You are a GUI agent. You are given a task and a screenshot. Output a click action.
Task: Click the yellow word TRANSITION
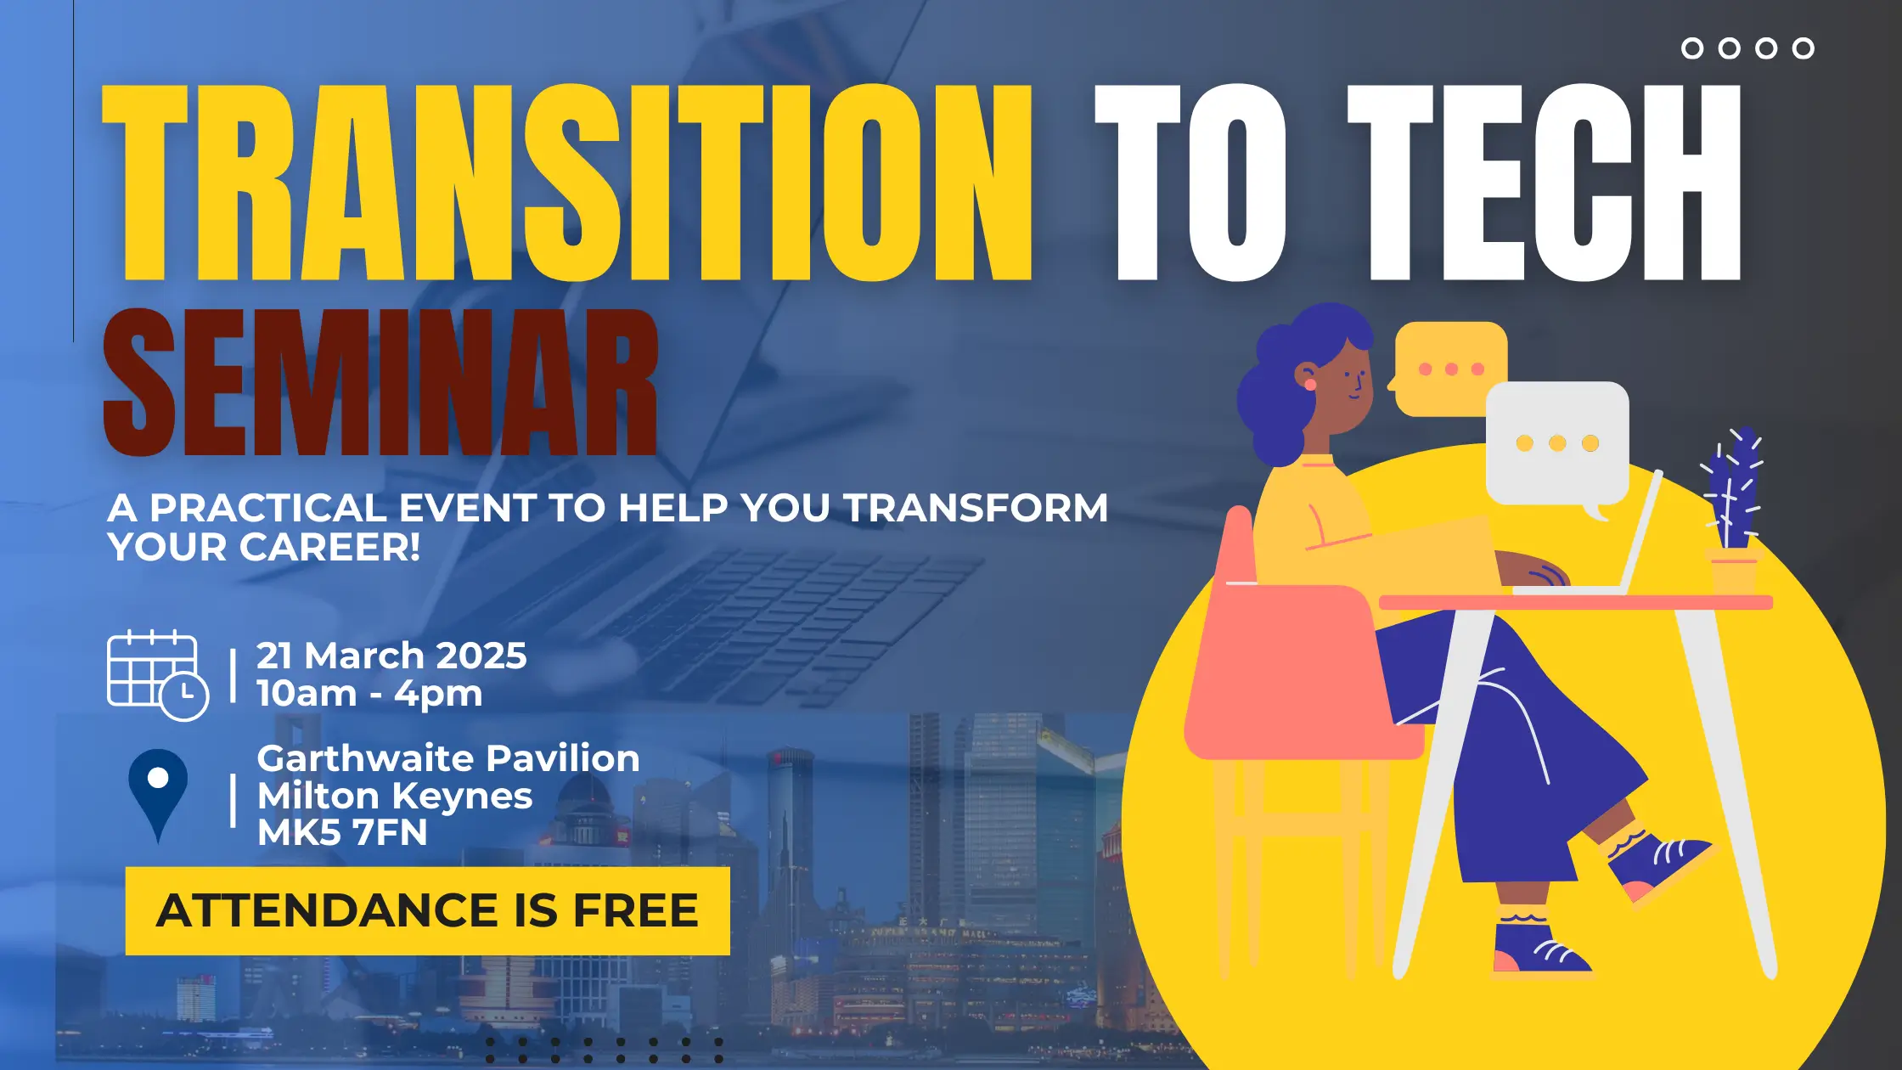pos(567,183)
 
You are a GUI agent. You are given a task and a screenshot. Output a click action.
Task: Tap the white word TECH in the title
pos(1545,183)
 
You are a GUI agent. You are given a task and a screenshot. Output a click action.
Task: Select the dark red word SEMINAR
pos(380,383)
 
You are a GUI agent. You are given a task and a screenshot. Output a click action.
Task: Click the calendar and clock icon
pos(158,676)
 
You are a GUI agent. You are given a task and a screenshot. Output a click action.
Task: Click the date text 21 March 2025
pos(391,656)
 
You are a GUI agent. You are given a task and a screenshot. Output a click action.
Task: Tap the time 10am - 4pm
pos(369,694)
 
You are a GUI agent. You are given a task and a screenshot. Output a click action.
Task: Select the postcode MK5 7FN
pos(342,833)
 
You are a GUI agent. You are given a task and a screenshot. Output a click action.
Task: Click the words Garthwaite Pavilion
pos(448,758)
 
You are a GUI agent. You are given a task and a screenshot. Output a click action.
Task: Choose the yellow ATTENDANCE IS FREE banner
pos(428,911)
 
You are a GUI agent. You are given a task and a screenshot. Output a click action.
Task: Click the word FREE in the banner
pos(636,911)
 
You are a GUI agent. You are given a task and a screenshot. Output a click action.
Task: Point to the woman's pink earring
pos(1310,385)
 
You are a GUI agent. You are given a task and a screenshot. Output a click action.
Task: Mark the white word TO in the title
pos(1189,183)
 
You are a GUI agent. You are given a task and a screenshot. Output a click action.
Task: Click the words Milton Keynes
pos(395,797)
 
